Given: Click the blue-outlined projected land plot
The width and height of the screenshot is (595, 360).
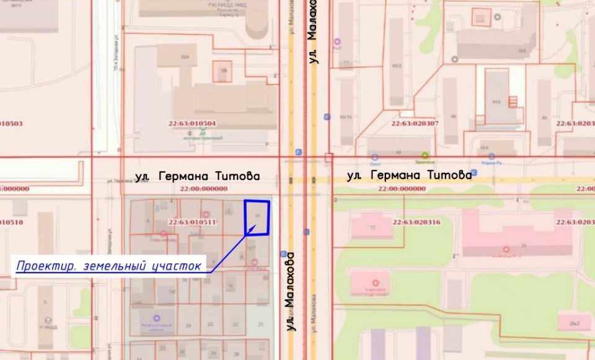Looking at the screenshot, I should pyautogui.click(x=257, y=217).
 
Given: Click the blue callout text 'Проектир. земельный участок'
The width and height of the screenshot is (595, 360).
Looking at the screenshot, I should pyautogui.click(x=109, y=266).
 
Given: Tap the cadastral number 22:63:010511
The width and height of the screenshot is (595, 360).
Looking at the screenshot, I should pyautogui.click(x=192, y=222).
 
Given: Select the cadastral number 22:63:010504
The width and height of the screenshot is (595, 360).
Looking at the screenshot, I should pyautogui.click(x=192, y=123).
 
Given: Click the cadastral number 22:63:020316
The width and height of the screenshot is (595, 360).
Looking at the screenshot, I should pyautogui.click(x=416, y=221).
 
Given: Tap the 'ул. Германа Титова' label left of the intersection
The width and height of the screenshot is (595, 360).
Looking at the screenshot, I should pyautogui.click(x=197, y=177).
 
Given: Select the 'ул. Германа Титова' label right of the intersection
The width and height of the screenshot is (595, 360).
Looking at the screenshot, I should pyautogui.click(x=410, y=175).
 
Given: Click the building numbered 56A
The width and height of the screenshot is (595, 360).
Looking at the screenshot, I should pyautogui.click(x=185, y=57).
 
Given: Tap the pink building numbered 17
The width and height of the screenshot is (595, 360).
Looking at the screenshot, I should pyautogui.click(x=372, y=227).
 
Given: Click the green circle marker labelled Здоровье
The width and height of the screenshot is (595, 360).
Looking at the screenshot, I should pyautogui.click(x=425, y=156).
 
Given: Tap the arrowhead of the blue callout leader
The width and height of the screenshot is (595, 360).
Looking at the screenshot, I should pyautogui.click(x=249, y=232).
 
